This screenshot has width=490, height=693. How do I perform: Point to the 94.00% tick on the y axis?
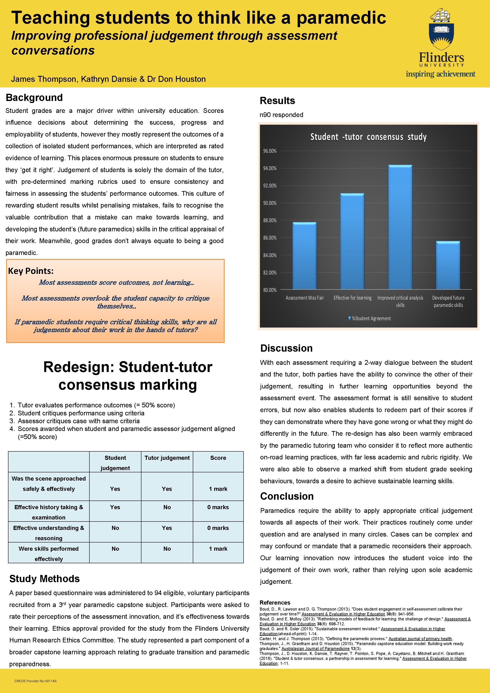pyautogui.click(x=270, y=168)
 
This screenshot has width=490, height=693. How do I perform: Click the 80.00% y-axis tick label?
pyautogui.click(x=270, y=290)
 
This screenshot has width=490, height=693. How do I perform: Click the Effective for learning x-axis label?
pyautogui.click(x=352, y=298)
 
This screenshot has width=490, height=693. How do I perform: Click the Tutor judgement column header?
pyautogui.click(x=167, y=458)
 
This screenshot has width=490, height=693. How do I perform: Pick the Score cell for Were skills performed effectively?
pyautogui.click(x=218, y=549)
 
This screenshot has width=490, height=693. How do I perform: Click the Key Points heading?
pyautogui.click(x=31, y=271)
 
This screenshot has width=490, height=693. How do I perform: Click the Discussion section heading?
pyautogui.click(x=286, y=348)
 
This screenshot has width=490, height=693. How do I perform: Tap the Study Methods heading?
pyautogui.click(x=44, y=579)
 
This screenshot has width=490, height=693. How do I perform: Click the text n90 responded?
pyautogui.click(x=281, y=115)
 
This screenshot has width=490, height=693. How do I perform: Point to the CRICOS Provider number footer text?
pyautogui.click(x=35, y=681)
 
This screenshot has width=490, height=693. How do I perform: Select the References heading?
pyautogui.click(x=275, y=603)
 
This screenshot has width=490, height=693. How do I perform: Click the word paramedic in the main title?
pyautogui.click(x=341, y=18)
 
